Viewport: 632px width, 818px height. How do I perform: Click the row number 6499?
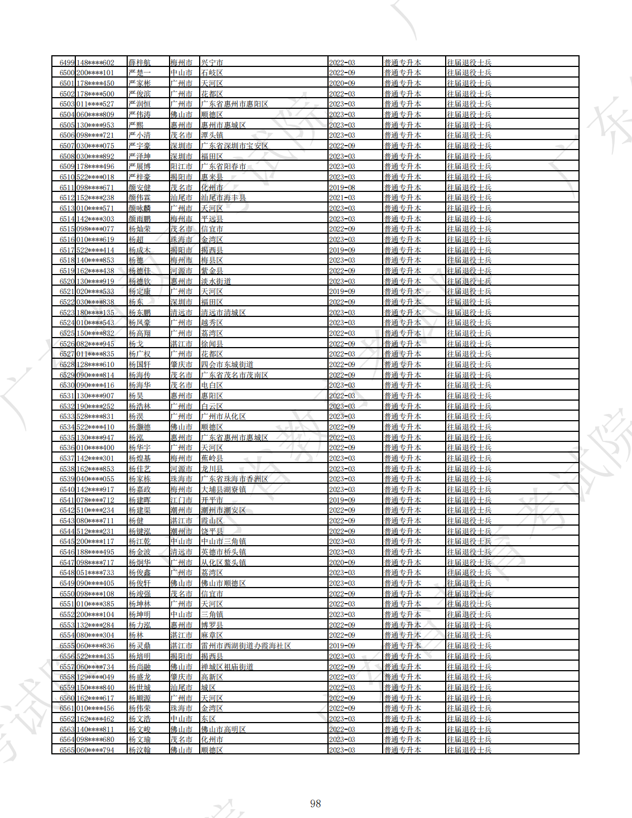pos(67,62)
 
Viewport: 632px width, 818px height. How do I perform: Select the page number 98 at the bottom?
pos(315,803)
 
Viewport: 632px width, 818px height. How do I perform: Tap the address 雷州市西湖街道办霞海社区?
pos(246,646)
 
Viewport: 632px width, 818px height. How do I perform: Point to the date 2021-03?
pos(342,198)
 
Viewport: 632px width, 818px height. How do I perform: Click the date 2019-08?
pos(342,187)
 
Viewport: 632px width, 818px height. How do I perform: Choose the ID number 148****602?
pos(95,62)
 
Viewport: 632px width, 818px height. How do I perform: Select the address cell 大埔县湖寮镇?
pos(223,489)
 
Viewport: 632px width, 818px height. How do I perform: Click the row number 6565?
pos(67,750)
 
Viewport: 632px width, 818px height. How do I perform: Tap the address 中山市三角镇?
pos(223,541)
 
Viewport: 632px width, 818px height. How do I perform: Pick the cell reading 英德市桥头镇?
pos(223,552)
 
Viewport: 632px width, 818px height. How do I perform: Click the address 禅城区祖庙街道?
pos(227,667)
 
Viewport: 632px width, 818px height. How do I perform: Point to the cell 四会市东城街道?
pos(227,364)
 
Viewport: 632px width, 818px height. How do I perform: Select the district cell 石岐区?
pos(212,73)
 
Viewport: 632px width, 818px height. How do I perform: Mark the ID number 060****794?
pos(95,750)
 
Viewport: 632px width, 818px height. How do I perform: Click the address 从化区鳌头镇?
pos(223,562)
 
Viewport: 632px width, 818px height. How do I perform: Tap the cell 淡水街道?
pos(216,281)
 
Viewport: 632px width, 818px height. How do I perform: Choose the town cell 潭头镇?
pos(212,135)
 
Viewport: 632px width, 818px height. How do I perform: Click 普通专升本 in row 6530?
pos(402,385)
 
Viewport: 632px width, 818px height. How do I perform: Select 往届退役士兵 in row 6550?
pos(469,594)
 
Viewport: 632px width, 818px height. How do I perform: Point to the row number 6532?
pos(67,406)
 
